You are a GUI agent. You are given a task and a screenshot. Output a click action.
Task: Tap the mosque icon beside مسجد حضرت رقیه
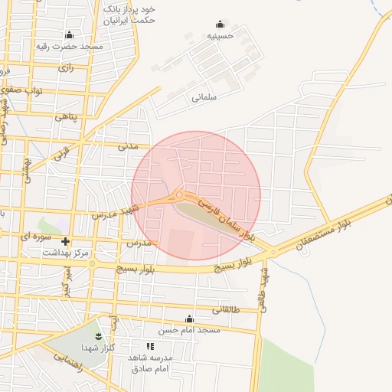click(70, 34)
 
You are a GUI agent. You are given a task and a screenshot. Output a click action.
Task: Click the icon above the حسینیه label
click(220, 24)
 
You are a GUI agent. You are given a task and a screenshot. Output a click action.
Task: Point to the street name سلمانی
click(205, 98)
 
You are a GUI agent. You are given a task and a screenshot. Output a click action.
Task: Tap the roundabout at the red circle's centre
click(179, 195)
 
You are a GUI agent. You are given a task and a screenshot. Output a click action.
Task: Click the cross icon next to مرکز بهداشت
click(65, 241)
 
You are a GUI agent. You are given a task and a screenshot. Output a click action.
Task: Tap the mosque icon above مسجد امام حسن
click(190, 319)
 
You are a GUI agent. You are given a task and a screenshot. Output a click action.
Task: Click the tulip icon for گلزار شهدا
click(98, 335)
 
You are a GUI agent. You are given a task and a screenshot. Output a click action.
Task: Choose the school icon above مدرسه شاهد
click(150, 347)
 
